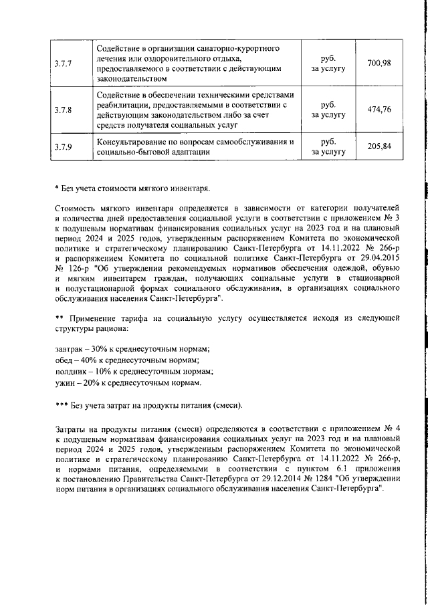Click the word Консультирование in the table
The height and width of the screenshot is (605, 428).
134,142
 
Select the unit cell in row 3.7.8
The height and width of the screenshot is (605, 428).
328,110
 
